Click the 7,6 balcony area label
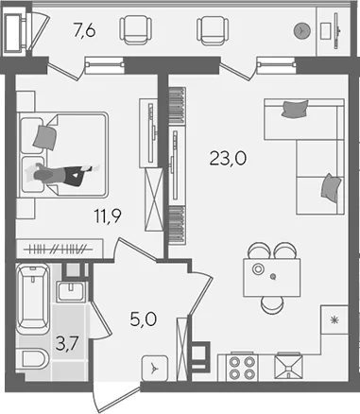coord(84,31)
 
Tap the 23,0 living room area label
coord(228,158)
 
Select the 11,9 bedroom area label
coord(108,216)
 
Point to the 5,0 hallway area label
coord(143,319)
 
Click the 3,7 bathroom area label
coord(67,343)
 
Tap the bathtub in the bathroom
coord(33,299)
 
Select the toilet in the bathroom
coord(32,358)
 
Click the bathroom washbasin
coord(71,291)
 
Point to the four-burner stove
coord(242,368)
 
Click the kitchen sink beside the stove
coord(288,368)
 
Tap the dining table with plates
coord(272,277)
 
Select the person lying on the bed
coord(62,174)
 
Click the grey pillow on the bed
coord(45,136)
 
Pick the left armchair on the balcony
coord(135,30)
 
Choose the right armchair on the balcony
coord(213,30)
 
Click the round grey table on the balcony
coord(302,30)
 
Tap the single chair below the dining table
coord(272,305)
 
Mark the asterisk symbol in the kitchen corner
coord(334,320)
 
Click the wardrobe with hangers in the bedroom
coord(60,249)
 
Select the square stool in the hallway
coord(154,368)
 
